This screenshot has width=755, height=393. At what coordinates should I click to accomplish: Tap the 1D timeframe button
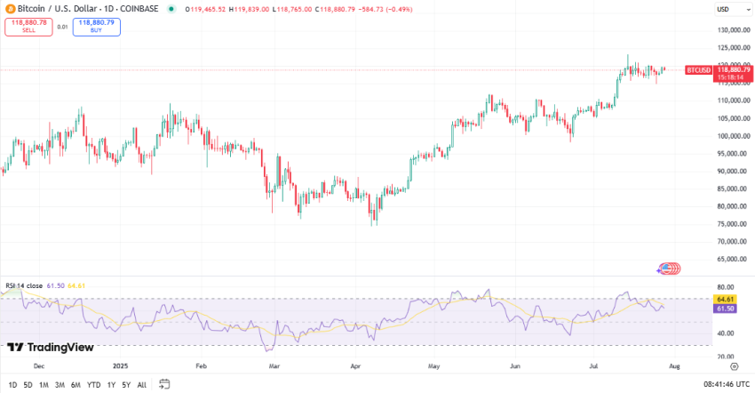[12, 384]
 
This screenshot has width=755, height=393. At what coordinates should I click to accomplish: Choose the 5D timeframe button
[28, 384]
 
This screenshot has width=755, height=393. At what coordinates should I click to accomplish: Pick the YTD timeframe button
[93, 384]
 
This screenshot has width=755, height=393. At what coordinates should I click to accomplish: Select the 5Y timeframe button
[126, 384]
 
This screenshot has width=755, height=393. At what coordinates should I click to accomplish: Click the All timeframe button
[142, 384]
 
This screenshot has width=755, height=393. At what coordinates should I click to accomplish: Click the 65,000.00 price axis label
[719, 260]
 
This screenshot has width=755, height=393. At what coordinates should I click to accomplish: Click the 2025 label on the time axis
[122, 365]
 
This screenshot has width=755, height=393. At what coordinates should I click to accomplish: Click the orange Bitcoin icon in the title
[9, 9]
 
